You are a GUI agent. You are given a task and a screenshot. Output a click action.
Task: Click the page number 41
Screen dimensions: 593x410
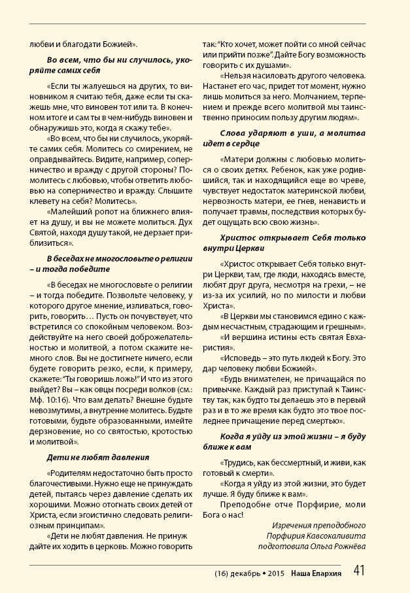359,571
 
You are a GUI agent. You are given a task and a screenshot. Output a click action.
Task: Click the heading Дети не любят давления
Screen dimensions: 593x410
98,457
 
